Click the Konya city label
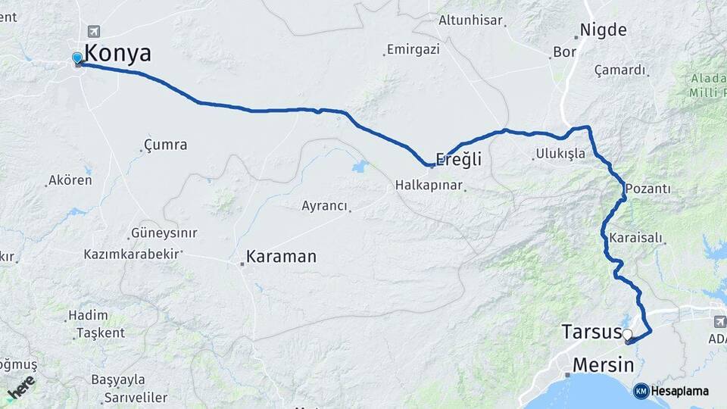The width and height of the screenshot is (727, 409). point(117,54)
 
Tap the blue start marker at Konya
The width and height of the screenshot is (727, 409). point(77,58)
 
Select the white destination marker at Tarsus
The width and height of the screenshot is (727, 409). point(627,334)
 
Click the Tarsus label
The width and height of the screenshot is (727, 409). point(591,332)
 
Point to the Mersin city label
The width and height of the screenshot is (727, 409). point(603,365)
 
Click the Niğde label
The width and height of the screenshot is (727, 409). point(603,30)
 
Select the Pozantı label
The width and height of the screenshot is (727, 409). point(648,189)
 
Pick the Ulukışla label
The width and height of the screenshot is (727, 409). point(560,154)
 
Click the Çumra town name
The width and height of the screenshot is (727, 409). point(165,144)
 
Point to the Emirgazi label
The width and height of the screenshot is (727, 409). point(413,50)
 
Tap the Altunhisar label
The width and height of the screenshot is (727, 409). point(470,20)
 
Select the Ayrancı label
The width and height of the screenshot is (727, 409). point(324,206)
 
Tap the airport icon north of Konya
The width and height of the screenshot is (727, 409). point(94,31)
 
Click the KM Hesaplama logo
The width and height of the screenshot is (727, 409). point(671,391)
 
